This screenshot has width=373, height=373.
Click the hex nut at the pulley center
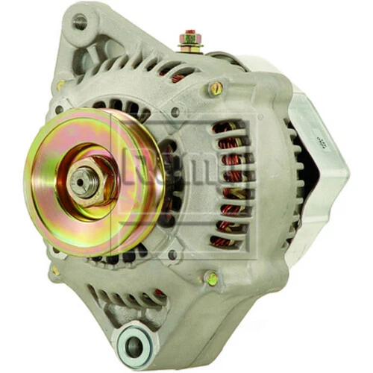coord(84,181)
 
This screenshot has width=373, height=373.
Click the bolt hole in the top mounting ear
coord(78,22)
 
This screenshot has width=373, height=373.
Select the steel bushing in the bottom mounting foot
coord(134,345)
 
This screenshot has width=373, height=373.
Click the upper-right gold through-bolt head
coord(216,88)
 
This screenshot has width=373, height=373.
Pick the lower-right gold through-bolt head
coord(213,278)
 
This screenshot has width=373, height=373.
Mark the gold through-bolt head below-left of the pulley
coord(54,271)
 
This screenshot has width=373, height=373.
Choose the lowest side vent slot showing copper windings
coord(224,241)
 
